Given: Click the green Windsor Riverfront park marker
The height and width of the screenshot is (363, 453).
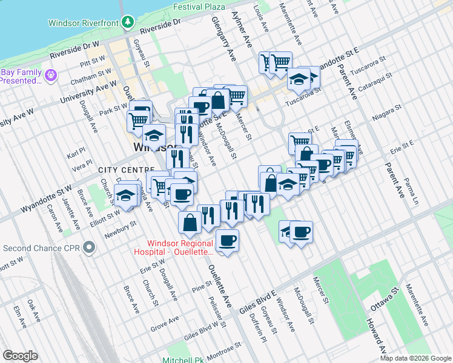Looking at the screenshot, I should (127, 22).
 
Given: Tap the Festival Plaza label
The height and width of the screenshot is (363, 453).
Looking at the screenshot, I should (199, 7).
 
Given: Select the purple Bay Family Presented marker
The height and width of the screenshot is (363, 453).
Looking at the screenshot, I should (50, 75).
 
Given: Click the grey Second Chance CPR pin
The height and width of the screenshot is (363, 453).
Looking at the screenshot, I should (90, 247).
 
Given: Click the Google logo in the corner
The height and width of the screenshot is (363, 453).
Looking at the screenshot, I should (20, 355).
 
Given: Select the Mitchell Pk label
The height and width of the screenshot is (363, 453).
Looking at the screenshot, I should (185, 359).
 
